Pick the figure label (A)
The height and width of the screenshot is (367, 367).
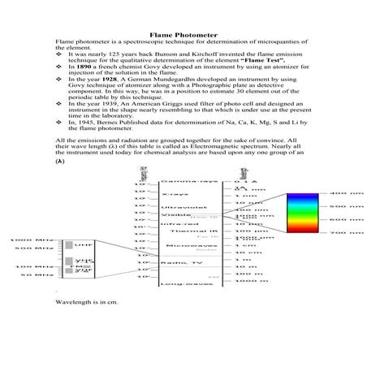(x=60, y=185)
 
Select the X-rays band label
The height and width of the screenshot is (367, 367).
(x=171, y=218)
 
